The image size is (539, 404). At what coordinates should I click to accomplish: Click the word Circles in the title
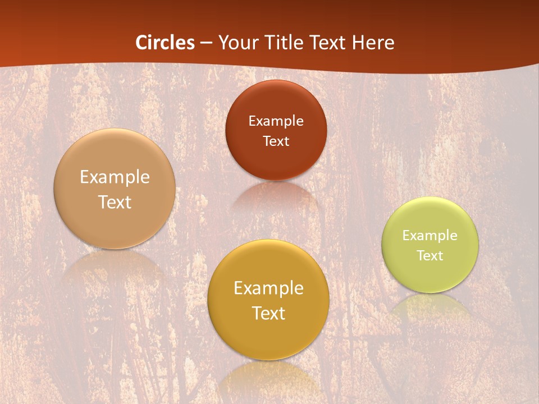(x=165, y=43)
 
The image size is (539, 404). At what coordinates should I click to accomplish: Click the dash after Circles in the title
(x=206, y=43)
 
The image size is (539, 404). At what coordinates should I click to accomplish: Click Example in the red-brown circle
(x=276, y=121)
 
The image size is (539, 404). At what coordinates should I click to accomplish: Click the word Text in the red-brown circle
(x=276, y=141)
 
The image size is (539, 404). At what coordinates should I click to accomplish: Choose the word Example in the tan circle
(x=115, y=177)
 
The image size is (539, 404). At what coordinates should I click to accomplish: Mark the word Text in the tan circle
(x=115, y=202)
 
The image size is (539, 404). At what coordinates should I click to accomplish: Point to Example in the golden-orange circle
(x=268, y=288)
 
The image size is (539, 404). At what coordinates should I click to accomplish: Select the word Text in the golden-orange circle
(x=268, y=313)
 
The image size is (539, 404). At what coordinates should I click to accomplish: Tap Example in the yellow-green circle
(x=430, y=235)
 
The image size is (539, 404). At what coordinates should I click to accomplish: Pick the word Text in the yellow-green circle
(x=430, y=255)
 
